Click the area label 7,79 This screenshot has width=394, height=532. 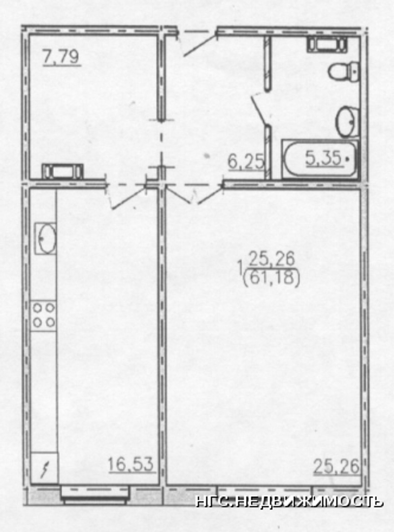point(62,57)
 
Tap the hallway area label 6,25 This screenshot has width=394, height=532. point(246,162)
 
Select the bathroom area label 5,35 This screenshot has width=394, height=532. point(324,158)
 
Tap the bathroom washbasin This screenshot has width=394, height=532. point(347,121)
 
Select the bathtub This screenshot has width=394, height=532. point(320,159)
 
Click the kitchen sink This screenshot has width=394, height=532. point(45,238)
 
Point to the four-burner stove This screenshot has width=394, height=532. point(43,315)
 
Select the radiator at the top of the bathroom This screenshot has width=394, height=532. point(327,44)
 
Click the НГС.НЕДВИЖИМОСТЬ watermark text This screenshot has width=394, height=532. point(289,501)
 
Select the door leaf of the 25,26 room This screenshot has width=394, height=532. point(210,195)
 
